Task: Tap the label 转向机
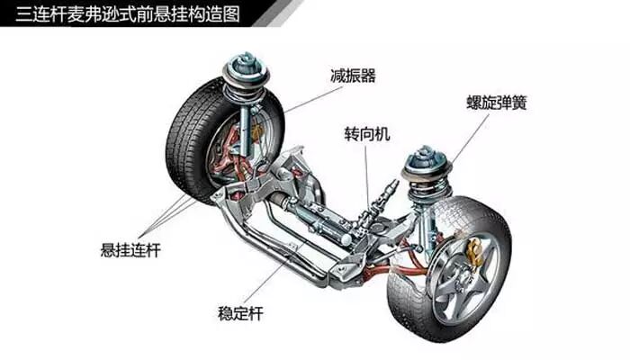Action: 368,133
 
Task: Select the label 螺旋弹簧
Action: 496,102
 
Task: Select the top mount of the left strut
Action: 244,65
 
